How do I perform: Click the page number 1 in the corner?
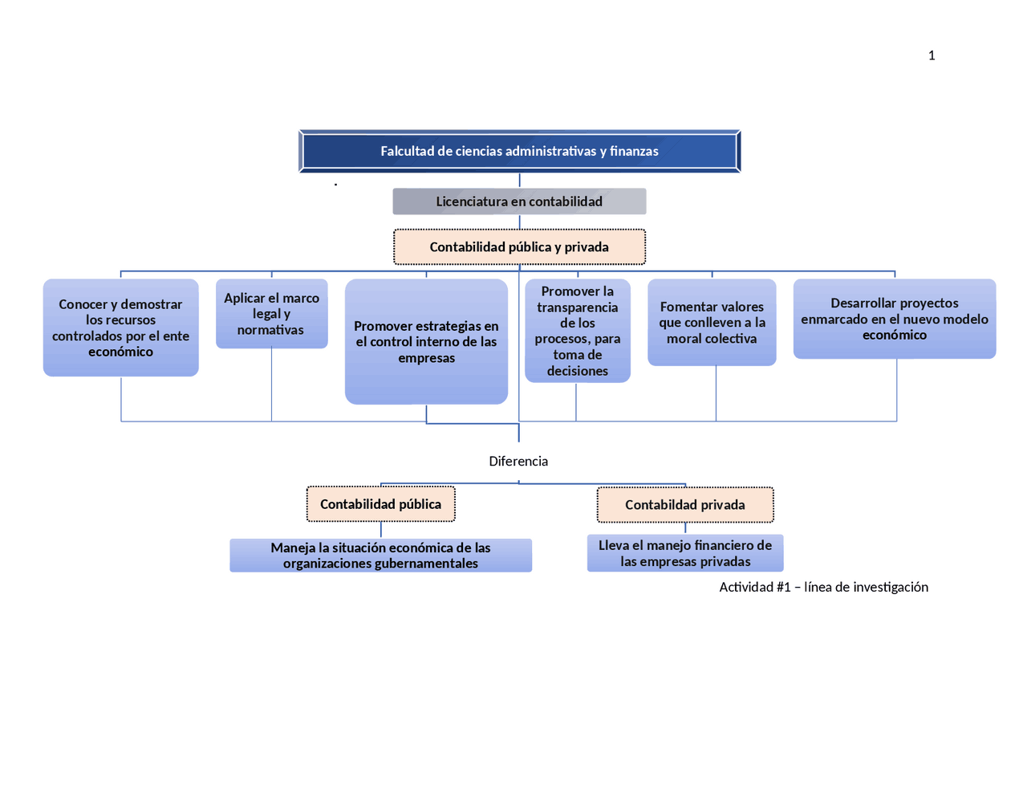coord(932,55)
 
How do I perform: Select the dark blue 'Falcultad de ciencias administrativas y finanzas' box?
coord(519,151)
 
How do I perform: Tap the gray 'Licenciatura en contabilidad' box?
coord(519,202)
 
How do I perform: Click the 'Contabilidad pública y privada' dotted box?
coord(519,247)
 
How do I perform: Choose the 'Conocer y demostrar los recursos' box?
coord(120,328)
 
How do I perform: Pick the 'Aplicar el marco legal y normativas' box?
coord(271,314)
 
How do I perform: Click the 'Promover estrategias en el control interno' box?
coord(426,342)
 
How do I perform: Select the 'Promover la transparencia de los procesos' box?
coord(577,331)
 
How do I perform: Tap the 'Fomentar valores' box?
coord(712,323)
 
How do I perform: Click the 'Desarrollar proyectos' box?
coord(895,319)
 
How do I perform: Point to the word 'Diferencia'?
coord(518,462)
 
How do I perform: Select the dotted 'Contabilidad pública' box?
coord(380,504)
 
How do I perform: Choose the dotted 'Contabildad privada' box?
coord(685,505)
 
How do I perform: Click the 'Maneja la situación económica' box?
coord(380,556)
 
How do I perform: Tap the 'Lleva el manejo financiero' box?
coord(685,553)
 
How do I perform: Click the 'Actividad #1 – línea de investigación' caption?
coord(823,587)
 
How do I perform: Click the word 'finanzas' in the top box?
coord(634,151)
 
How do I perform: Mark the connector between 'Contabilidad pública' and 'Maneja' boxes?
coord(381,530)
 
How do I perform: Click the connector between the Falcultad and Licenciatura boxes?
coord(519,181)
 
